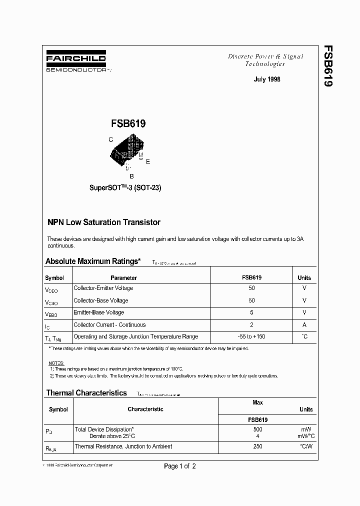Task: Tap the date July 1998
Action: pyautogui.click(x=267, y=79)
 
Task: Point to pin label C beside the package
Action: pyautogui.click(x=110, y=140)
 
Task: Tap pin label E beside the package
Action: pyautogui.click(x=148, y=161)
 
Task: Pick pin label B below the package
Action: pyautogui.click(x=131, y=176)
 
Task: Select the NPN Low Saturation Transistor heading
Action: pyautogui.click(x=104, y=222)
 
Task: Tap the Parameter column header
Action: pyautogui.click(x=123, y=277)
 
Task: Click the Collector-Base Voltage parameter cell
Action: pyautogui.click(x=100, y=300)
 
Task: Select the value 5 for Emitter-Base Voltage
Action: pyautogui.click(x=251, y=312)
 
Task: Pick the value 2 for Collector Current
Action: pyautogui.click(x=251, y=324)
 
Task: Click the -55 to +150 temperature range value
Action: pyautogui.click(x=251, y=336)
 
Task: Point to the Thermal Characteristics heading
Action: pyautogui.click(x=86, y=393)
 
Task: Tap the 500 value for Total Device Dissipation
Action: pyautogui.click(x=257, y=429)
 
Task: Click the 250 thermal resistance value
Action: pyautogui.click(x=257, y=446)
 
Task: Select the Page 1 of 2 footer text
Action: pyautogui.click(x=180, y=466)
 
